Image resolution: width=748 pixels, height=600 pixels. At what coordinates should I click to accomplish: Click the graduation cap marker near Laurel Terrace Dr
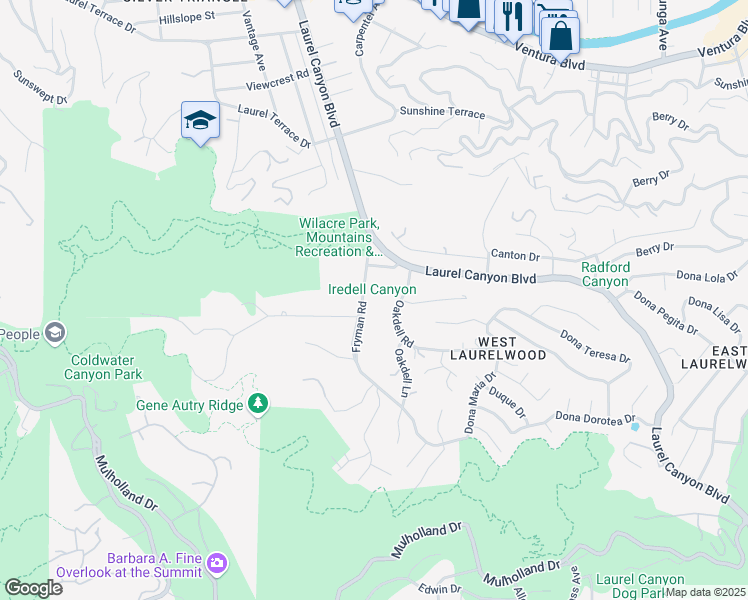200,121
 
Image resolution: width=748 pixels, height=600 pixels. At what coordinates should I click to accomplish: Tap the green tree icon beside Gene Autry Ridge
259,403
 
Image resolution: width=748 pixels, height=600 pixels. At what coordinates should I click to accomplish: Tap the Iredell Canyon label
372,289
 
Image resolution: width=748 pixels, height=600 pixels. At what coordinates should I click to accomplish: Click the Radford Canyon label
605,274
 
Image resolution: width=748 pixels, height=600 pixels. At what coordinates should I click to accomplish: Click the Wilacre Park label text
340,238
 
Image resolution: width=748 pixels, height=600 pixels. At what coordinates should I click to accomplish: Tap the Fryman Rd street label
361,335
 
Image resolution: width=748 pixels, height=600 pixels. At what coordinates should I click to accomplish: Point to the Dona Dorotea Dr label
596,417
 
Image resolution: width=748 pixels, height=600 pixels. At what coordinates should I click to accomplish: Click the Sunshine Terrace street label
442,114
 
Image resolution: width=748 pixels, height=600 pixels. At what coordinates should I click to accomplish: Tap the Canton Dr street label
514,256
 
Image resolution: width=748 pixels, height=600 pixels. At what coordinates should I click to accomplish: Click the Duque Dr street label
507,403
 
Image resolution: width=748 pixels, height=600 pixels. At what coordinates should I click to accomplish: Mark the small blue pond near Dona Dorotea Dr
634,427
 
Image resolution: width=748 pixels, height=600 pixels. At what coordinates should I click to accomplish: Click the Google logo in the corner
33,588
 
